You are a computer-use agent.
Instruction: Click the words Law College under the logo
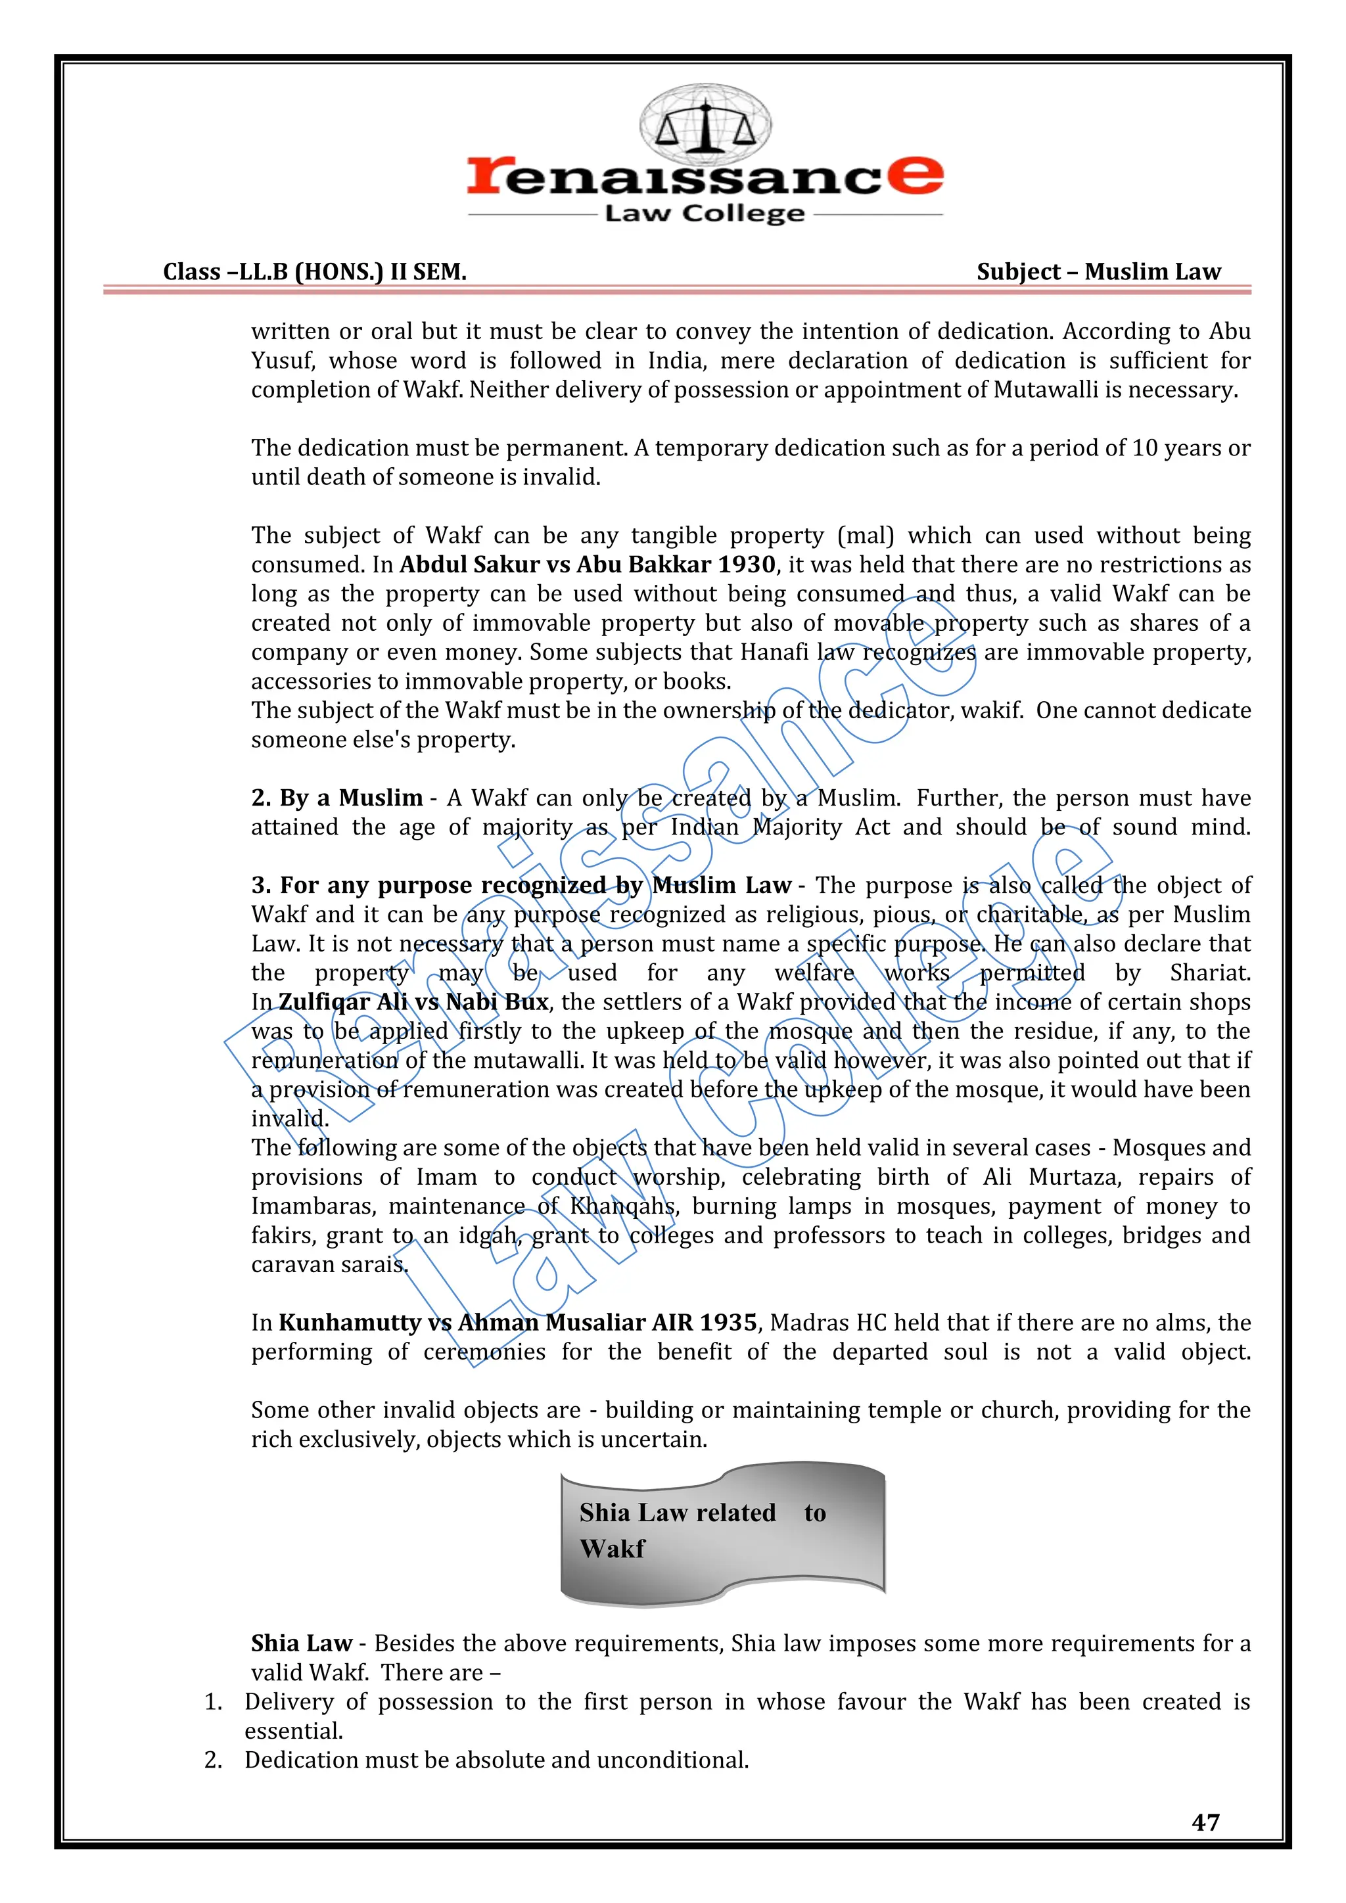(705, 214)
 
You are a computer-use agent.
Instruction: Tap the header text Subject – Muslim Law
(1098, 272)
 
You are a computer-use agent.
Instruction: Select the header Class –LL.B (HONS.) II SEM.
(315, 272)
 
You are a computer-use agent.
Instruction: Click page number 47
(1205, 1822)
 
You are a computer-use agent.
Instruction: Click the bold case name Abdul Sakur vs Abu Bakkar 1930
(588, 564)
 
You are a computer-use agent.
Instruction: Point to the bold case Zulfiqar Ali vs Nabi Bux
(413, 1002)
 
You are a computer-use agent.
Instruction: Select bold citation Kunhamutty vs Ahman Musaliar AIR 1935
(518, 1322)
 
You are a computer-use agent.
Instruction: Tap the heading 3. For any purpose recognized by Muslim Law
(521, 885)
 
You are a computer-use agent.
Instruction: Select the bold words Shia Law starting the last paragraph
(302, 1643)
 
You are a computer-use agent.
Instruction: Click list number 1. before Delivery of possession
(214, 1701)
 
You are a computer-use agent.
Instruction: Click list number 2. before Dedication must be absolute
(214, 1760)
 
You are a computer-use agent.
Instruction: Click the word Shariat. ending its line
(1209, 973)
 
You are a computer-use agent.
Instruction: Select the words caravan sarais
(330, 1265)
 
